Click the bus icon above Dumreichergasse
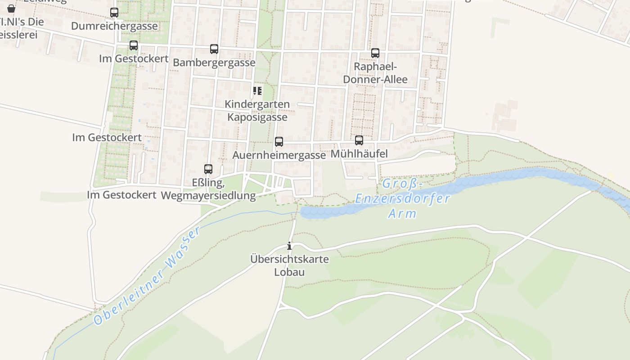114,13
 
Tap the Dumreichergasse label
114,26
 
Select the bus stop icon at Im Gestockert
134,45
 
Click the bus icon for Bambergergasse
214,49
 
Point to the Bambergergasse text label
214,63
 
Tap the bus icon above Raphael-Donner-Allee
375,53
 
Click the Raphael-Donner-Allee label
375,73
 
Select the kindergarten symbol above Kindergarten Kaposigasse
257,91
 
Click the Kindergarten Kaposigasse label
257,111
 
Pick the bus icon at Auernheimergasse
279,142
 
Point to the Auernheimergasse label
279,155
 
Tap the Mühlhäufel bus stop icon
359,140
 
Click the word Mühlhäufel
359,154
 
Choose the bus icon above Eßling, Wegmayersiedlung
208,169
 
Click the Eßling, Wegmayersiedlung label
208,189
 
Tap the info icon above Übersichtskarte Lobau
289,246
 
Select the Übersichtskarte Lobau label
290,265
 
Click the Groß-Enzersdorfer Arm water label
402,198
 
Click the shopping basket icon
11,8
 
